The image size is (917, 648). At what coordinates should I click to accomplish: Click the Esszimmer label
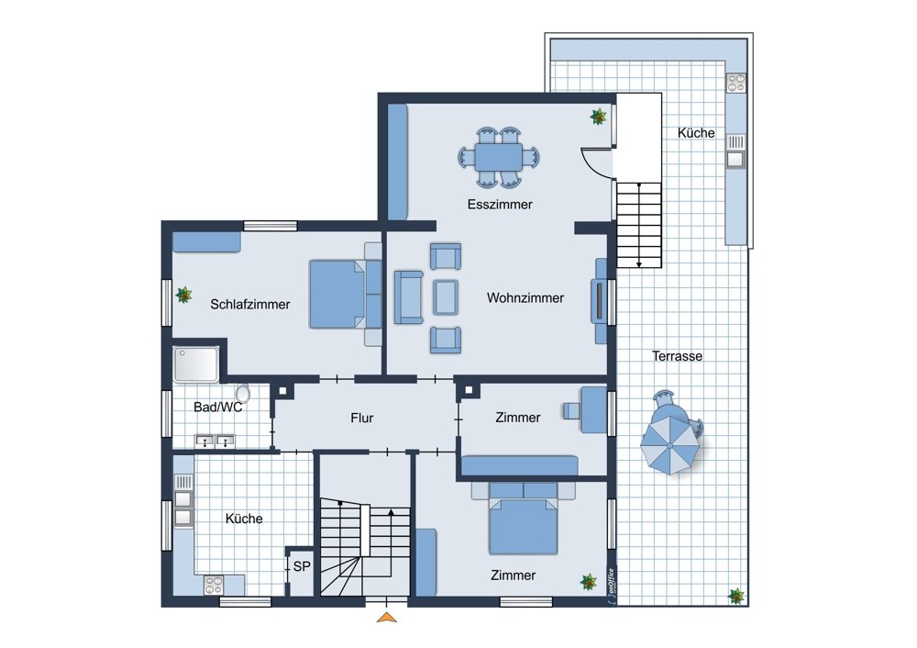(500, 205)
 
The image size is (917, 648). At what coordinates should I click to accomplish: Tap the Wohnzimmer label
(525, 297)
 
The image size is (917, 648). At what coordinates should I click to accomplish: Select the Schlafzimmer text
(250, 305)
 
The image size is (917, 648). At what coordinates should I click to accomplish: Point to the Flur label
(362, 418)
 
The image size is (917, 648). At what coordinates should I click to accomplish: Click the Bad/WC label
(217, 407)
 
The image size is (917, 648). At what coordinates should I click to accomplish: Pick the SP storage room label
(302, 566)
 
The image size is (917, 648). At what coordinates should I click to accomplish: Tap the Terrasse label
(678, 356)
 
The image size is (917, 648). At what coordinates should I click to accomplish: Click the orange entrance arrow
(387, 617)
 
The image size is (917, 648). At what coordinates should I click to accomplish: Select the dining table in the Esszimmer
(498, 157)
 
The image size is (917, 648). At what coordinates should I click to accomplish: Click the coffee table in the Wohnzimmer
(446, 297)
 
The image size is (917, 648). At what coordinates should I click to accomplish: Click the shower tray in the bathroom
(196, 364)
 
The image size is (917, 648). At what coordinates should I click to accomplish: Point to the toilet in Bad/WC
(243, 394)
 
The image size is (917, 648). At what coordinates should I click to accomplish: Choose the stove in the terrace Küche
(736, 83)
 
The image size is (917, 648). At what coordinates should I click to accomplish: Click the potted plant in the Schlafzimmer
(184, 295)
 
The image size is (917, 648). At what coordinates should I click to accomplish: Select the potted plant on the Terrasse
(736, 597)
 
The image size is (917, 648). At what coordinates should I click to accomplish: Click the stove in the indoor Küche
(214, 584)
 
